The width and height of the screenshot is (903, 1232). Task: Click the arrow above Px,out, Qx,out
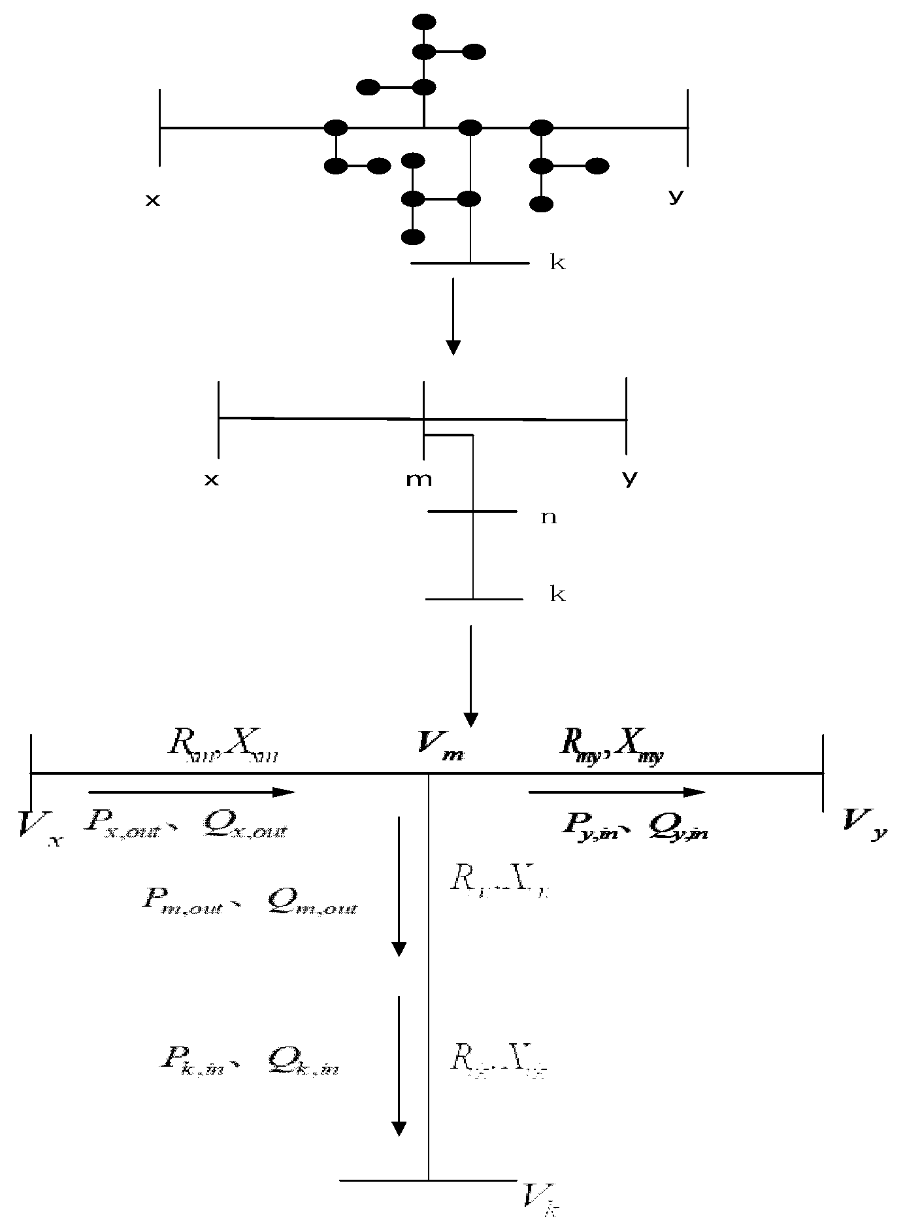[191, 792]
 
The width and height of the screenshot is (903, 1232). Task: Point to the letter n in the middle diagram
[548, 517]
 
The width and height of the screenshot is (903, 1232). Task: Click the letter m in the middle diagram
[419, 479]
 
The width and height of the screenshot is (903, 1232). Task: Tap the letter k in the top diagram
[557, 263]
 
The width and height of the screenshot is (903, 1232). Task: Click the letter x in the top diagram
[152, 200]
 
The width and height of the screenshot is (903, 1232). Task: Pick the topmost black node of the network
[425, 22]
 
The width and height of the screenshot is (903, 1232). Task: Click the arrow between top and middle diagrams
[453, 316]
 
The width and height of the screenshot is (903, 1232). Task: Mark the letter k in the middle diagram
[557, 594]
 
